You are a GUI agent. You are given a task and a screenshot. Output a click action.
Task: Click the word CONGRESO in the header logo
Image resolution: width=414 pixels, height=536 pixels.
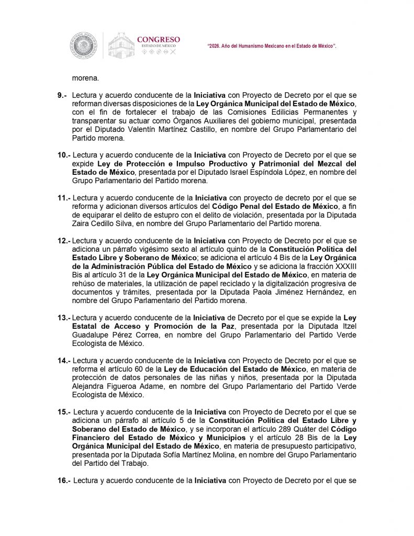point(158,39)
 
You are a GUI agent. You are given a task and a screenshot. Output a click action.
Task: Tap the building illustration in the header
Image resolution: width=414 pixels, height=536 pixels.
point(121,46)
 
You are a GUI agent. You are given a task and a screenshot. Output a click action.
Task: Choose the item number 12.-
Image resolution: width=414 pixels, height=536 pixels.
point(64,241)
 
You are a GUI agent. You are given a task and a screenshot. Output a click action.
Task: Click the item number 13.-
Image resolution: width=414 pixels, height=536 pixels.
point(64,318)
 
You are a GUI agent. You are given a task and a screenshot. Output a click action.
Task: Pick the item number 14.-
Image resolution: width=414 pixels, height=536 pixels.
point(64,361)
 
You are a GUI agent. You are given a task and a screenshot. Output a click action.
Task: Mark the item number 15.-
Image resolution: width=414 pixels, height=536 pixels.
point(64,412)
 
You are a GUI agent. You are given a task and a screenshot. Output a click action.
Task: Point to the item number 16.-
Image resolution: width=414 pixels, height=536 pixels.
point(64,480)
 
